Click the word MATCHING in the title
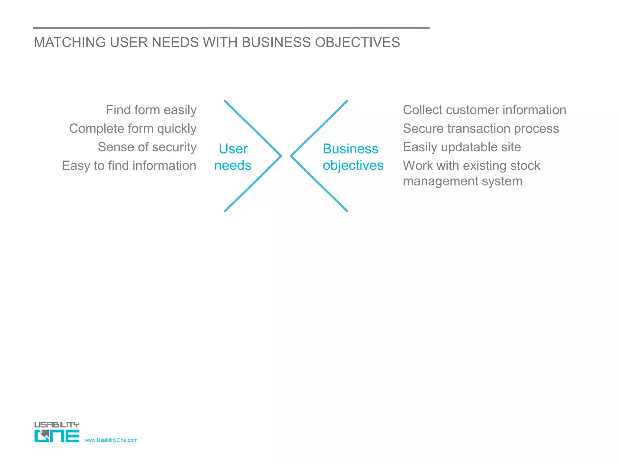point(70,43)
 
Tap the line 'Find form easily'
point(151,110)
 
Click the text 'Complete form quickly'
point(133,129)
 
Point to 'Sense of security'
point(147,147)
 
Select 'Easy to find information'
point(129,166)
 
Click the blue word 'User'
point(233,149)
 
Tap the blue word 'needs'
point(233,166)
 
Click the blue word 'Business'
point(350,149)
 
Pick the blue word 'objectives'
point(353,166)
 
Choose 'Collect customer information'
point(485,110)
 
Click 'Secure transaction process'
point(481,129)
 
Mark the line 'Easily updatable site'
point(462,147)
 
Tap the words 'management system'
point(462,182)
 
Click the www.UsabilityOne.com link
point(111,440)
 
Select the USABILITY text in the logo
point(57,425)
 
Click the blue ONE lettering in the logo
point(57,436)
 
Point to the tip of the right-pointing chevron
point(281,156)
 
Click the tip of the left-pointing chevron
point(291,156)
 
